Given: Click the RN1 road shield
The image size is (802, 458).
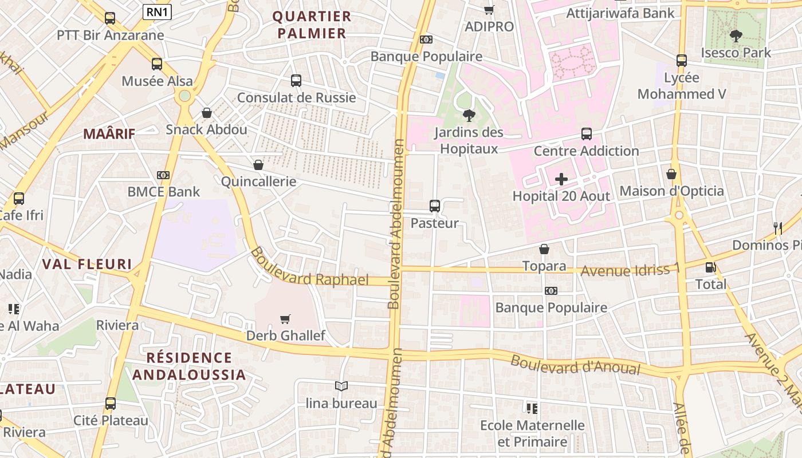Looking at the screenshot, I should (157, 11).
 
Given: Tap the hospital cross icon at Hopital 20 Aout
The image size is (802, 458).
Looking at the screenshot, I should (561, 179).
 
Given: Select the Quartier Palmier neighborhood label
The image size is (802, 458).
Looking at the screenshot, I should (312, 25).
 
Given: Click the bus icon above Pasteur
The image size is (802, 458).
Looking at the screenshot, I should (435, 206).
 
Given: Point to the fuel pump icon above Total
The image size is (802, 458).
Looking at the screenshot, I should (710, 267).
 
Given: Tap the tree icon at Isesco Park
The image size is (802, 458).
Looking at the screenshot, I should (736, 36).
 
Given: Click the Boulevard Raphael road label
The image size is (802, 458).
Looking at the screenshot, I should (309, 268).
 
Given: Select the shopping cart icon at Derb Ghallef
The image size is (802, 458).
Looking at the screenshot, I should (285, 319).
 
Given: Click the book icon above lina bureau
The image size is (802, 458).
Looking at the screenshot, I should (341, 386).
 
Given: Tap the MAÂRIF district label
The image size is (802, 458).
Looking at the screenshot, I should (109, 134).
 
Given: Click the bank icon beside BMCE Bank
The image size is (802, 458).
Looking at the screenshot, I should (163, 175).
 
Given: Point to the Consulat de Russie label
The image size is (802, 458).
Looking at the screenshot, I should (296, 97).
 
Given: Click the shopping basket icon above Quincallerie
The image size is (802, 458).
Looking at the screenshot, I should (258, 165).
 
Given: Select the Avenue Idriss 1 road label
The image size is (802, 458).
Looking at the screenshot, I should (630, 269).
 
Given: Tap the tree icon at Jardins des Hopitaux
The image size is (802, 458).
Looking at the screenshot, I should (469, 116).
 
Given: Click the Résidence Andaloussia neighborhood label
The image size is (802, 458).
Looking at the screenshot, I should (189, 366).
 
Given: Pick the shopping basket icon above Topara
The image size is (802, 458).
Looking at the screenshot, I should (544, 249).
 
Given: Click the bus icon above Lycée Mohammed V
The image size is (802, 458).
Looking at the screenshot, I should (681, 60).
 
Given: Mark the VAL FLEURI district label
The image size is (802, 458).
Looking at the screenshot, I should (87, 264).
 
